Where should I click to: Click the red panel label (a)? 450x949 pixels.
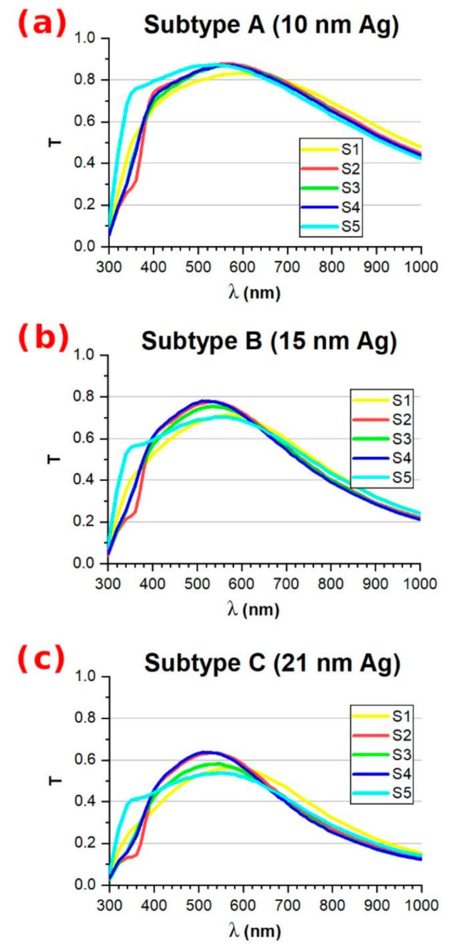(x=42, y=24)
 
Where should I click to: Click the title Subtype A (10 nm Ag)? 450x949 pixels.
(x=271, y=25)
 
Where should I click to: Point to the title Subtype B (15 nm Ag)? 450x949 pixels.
(x=268, y=342)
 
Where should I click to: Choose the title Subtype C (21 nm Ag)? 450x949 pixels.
(x=272, y=664)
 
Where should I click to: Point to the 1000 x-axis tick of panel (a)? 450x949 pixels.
(x=420, y=267)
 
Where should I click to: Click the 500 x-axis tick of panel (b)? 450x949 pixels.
(x=197, y=584)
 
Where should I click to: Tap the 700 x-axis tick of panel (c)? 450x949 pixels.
(x=288, y=905)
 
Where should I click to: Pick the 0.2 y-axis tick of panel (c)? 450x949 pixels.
(x=85, y=843)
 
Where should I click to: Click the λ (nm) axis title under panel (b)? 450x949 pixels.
(x=253, y=610)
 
